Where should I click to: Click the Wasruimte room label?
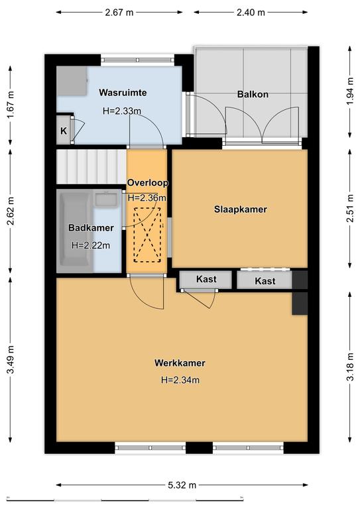pyautogui.click(x=123, y=93)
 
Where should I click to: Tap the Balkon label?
pyautogui.click(x=253, y=95)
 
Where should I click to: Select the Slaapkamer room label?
pyautogui.click(x=241, y=209)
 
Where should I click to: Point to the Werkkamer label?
pyautogui.click(x=180, y=363)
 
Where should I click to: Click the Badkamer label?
pyautogui.click(x=91, y=228)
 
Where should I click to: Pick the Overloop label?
pyautogui.click(x=148, y=183)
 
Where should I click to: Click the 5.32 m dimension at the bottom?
pyautogui.click(x=182, y=485)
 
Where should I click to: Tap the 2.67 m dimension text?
pyautogui.click(x=119, y=13)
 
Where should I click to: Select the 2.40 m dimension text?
pyautogui.click(x=251, y=13)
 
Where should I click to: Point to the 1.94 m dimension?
pyautogui.click(x=349, y=91)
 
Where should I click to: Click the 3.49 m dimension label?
pyautogui.click(x=11, y=360)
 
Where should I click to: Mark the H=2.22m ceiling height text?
pyautogui.click(x=91, y=245)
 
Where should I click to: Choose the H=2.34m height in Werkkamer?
pyautogui.click(x=180, y=380)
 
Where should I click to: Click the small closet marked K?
pyautogui.click(x=64, y=131)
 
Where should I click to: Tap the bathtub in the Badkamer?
pyautogui.click(x=76, y=231)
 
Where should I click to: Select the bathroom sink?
pyautogui.click(x=107, y=199)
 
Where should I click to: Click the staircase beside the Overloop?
pyautogui.click(x=91, y=166)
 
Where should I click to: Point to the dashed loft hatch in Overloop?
pyautogui.click(x=148, y=235)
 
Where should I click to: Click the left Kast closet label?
pyautogui.click(x=206, y=279)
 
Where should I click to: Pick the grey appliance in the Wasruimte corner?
pyautogui.click(x=72, y=81)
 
